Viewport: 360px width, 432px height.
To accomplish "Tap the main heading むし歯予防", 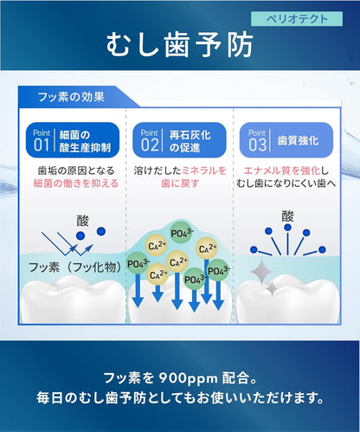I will pyautogui.click(x=180, y=46).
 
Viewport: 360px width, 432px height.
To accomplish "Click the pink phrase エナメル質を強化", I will pyautogui.click(x=281, y=171).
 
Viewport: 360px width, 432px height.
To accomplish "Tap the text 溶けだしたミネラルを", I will pyautogui.click(x=180, y=171).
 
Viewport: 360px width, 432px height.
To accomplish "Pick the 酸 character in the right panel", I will pyautogui.click(x=288, y=216).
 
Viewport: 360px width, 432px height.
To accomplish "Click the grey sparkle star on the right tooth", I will pyautogui.click(x=260, y=273).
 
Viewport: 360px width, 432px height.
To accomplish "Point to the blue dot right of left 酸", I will pyautogui.click(x=103, y=230).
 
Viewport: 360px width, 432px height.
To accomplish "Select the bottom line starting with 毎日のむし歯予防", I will pyautogui.click(x=180, y=399).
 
